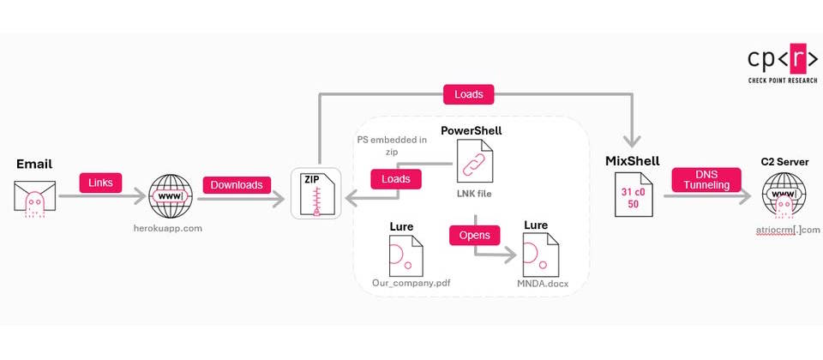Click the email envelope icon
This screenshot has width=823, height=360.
[x=35, y=197]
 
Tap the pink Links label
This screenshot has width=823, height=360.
[x=99, y=183]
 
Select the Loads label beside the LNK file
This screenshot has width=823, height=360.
[x=395, y=180]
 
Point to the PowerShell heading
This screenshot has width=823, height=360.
[x=471, y=130]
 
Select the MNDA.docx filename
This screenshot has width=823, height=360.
[x=541, y=282]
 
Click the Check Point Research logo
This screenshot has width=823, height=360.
[x=778, y=63]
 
